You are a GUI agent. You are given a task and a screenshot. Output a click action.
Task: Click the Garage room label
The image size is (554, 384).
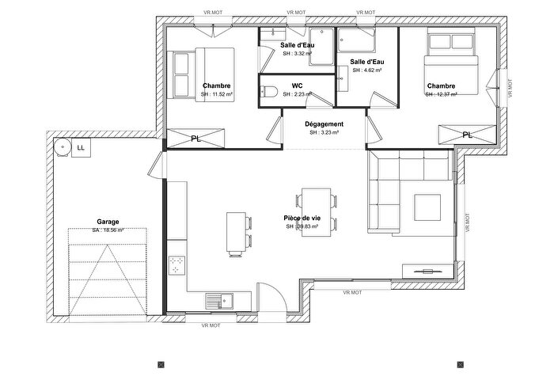pos(108,222)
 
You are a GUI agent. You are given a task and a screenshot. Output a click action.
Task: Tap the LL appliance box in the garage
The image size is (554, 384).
pos(81,146)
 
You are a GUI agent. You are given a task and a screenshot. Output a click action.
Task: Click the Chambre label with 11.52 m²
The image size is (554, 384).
pos(216,86)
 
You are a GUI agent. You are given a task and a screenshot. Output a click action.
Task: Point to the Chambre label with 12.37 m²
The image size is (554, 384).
pos(441,86)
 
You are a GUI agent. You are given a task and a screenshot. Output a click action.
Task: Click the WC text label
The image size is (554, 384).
pos(297,85)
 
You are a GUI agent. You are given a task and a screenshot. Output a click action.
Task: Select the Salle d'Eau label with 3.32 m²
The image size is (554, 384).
pos(298,45)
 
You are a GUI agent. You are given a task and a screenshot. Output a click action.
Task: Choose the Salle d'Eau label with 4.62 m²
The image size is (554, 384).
pos(366,62)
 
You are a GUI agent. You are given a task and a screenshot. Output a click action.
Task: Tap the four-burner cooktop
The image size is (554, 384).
pos(176,265)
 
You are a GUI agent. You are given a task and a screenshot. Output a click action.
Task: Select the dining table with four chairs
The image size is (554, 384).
pos(316,211)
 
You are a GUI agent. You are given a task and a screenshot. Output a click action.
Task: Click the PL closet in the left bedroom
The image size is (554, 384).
pos(195,138)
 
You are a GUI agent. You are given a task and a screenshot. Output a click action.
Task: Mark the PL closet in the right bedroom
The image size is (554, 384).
pos(467,135)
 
